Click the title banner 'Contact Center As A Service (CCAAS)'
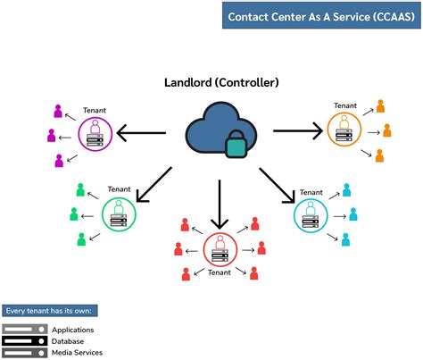319,16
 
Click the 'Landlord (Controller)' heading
221,82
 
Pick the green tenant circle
118,214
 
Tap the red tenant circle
220,249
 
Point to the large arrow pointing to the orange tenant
297,131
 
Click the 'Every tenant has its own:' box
50,311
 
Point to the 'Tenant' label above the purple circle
94,111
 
